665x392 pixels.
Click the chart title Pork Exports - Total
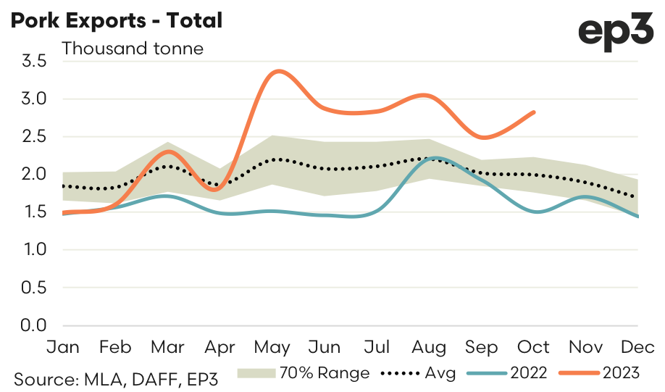tap(116, 20)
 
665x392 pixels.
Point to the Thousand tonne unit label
tap(133, 49)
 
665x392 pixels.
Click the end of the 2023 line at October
tap(535, 112)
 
